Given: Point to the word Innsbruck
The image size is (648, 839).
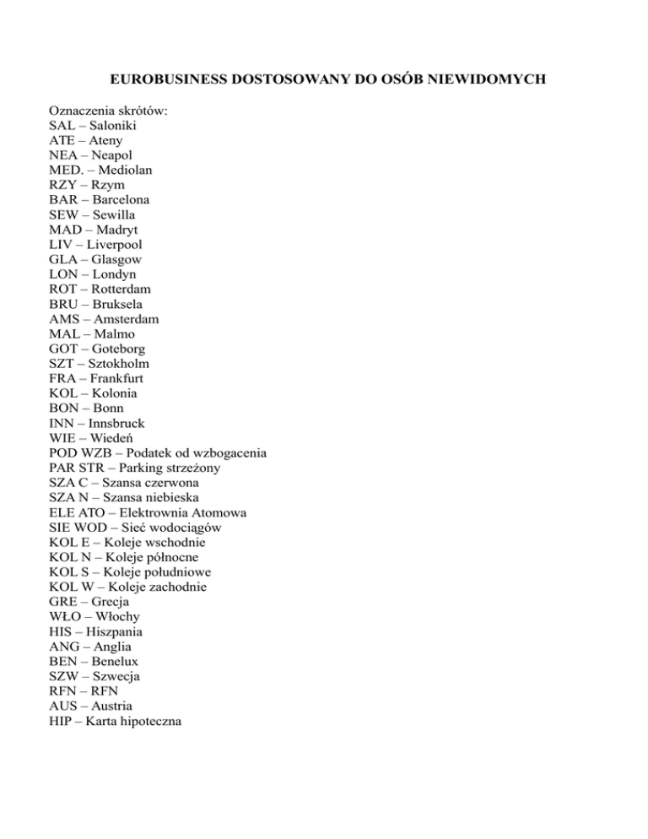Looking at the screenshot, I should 115,423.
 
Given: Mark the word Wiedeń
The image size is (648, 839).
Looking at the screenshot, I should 111,437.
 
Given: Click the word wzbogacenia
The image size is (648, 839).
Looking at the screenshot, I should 226,452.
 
